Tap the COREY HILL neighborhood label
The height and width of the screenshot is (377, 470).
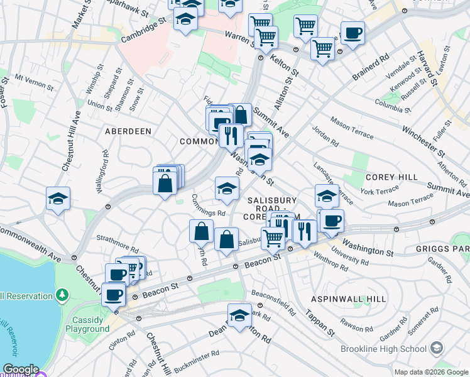coord(391,177)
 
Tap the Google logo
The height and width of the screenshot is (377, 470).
coord(20,370)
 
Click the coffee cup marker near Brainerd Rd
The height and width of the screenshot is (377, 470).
coord(352,32)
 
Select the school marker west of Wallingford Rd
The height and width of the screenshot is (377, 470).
coord(58,198)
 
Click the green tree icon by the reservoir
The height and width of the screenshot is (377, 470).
coord(62,294)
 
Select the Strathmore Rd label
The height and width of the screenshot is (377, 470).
coord(114,239)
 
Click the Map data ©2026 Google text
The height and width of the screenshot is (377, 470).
coord(430,371)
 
